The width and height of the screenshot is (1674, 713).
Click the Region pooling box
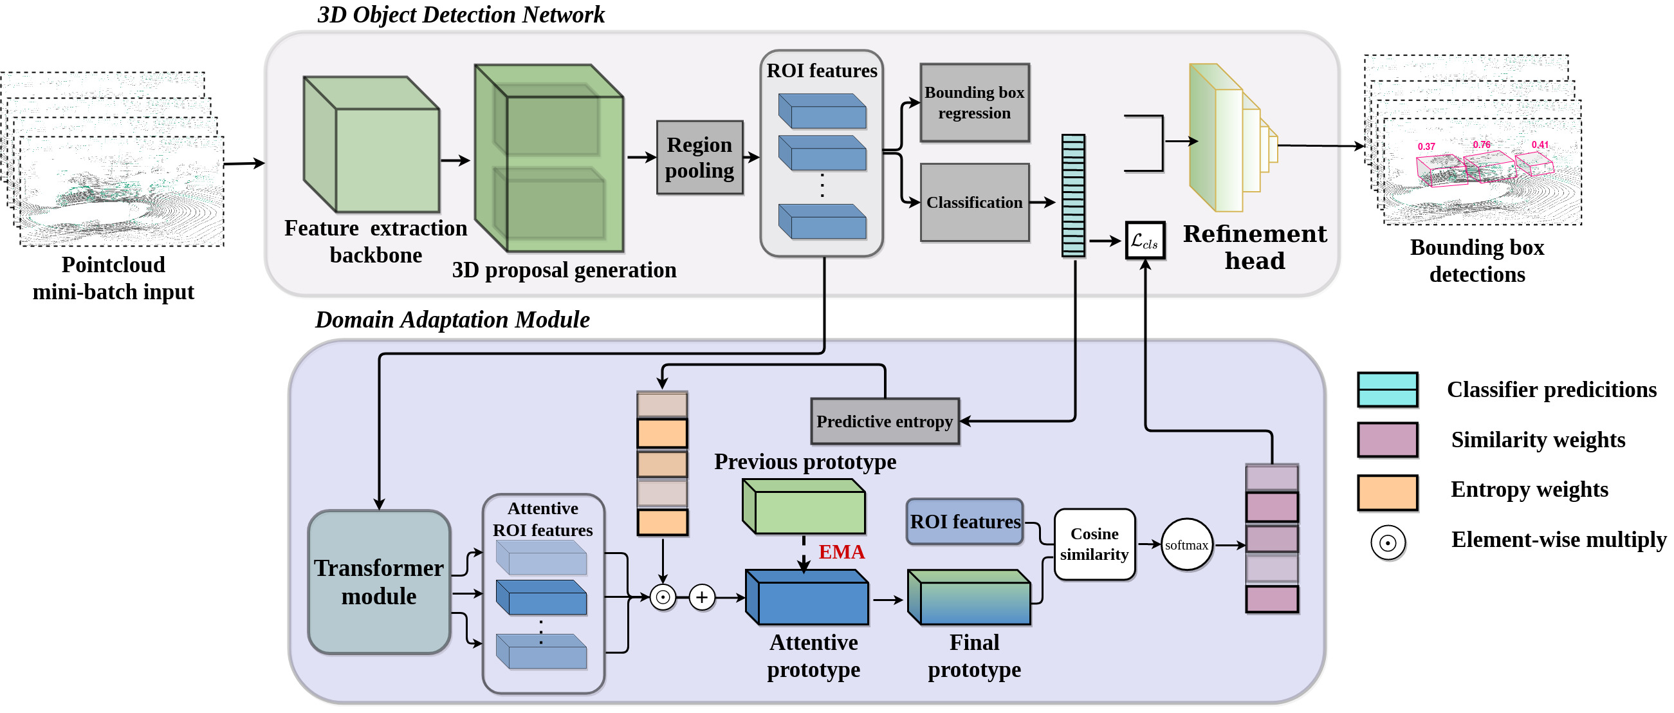tap(699, 157)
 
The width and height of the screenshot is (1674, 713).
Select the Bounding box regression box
tap(974, 103)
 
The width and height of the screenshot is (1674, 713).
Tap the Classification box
tap(974, 202)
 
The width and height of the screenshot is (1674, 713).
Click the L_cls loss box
tap(1145, 241)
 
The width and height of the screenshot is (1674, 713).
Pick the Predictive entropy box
tap(885, 421)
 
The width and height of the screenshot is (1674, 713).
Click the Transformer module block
tap(379, 582)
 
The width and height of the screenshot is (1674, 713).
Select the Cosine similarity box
tap(1094, 544)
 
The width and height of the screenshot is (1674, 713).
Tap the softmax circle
tap(1186, 544)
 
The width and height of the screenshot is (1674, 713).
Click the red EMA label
tap(842, 552)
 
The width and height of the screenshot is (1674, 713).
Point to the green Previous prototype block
tap(804, 507)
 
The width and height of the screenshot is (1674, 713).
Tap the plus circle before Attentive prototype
tap(702, 597)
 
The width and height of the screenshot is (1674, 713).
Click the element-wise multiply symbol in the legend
tap(1388, 542)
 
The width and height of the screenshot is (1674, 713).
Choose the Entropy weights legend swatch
tap(1388, 492)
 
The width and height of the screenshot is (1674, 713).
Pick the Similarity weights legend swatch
tap(1388, 440)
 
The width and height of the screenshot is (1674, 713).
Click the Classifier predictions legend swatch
tap(1388, 389)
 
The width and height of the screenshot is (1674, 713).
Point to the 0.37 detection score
tap(1426, 147)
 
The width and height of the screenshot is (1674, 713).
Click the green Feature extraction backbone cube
tap(373, 145)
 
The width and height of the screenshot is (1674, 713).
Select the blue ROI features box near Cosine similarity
tap(964, 522)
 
